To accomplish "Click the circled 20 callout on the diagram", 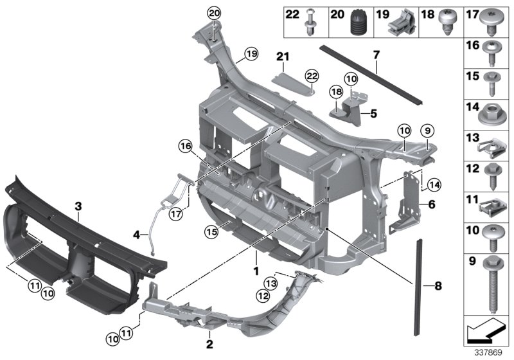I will [x=213, y=14].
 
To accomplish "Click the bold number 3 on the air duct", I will [x=78, y=206].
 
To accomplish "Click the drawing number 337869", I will [x=488, y=352].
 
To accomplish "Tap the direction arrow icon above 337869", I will [x=486, y=332].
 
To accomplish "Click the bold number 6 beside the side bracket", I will [x=431, y=204].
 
